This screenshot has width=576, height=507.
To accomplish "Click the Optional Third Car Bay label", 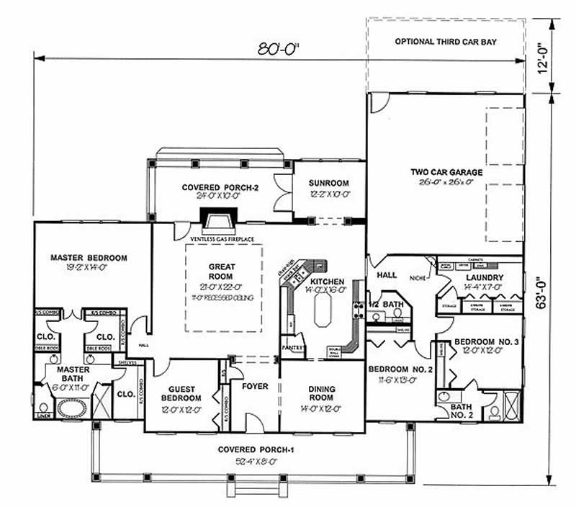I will click(x=446, y=42).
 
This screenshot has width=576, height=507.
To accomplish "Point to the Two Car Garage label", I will click(x=446, y=172).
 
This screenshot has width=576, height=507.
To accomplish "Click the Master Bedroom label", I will click(x=89, y=257).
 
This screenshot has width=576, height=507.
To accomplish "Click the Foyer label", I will click(x=255, y=387).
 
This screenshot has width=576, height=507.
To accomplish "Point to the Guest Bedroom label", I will click(x=181, y=392).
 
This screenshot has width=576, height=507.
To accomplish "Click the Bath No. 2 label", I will click(x=462, y=410).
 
